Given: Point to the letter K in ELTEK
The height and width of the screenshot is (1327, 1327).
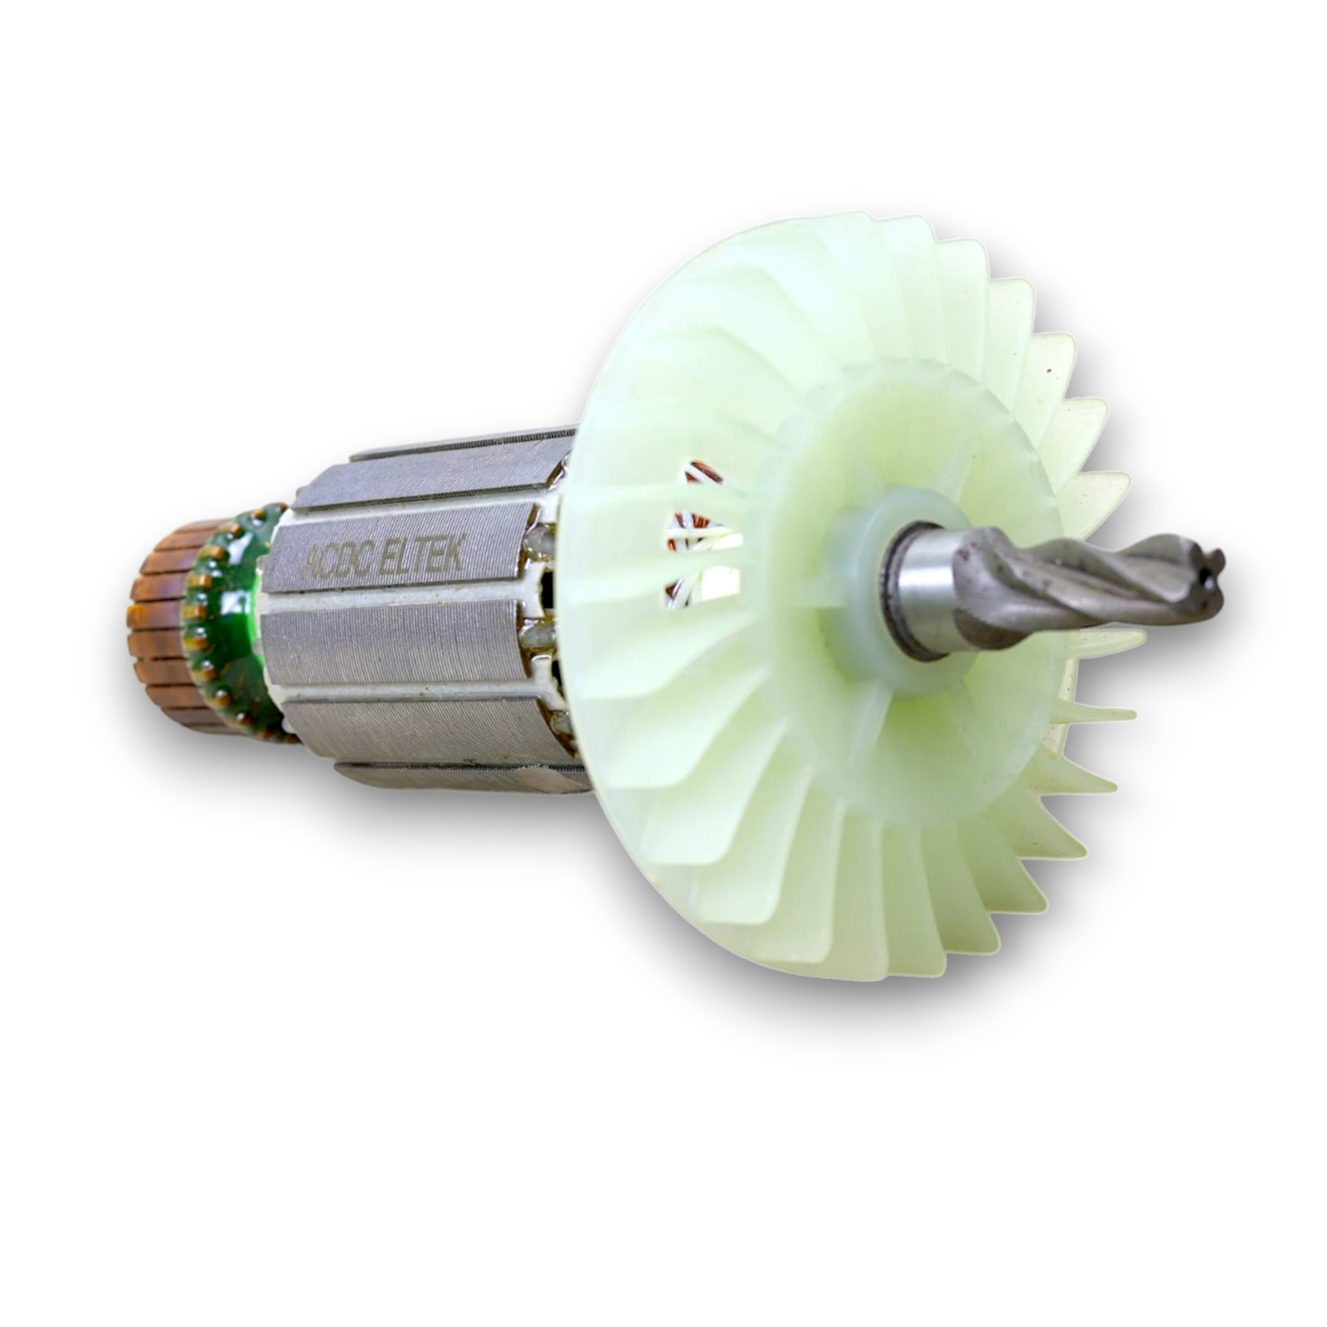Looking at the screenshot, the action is (454, 548).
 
